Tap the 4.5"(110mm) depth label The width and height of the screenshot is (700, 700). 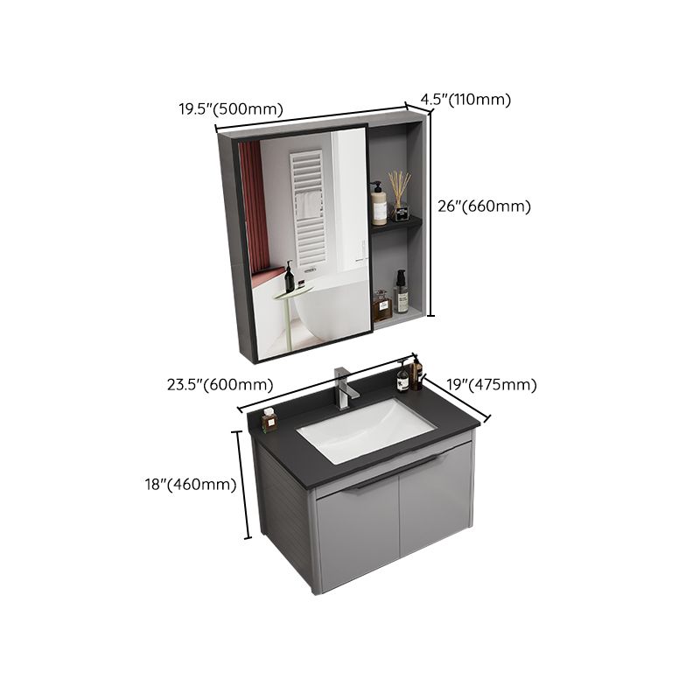point(465,100)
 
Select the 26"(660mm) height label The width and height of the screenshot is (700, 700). point(484,206)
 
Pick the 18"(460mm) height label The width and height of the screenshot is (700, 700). point(191,484)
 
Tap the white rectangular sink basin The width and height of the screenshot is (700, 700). point(366,430)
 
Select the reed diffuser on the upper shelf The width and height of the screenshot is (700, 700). point(401,198)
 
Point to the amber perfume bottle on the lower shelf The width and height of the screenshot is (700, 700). point(381,305)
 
